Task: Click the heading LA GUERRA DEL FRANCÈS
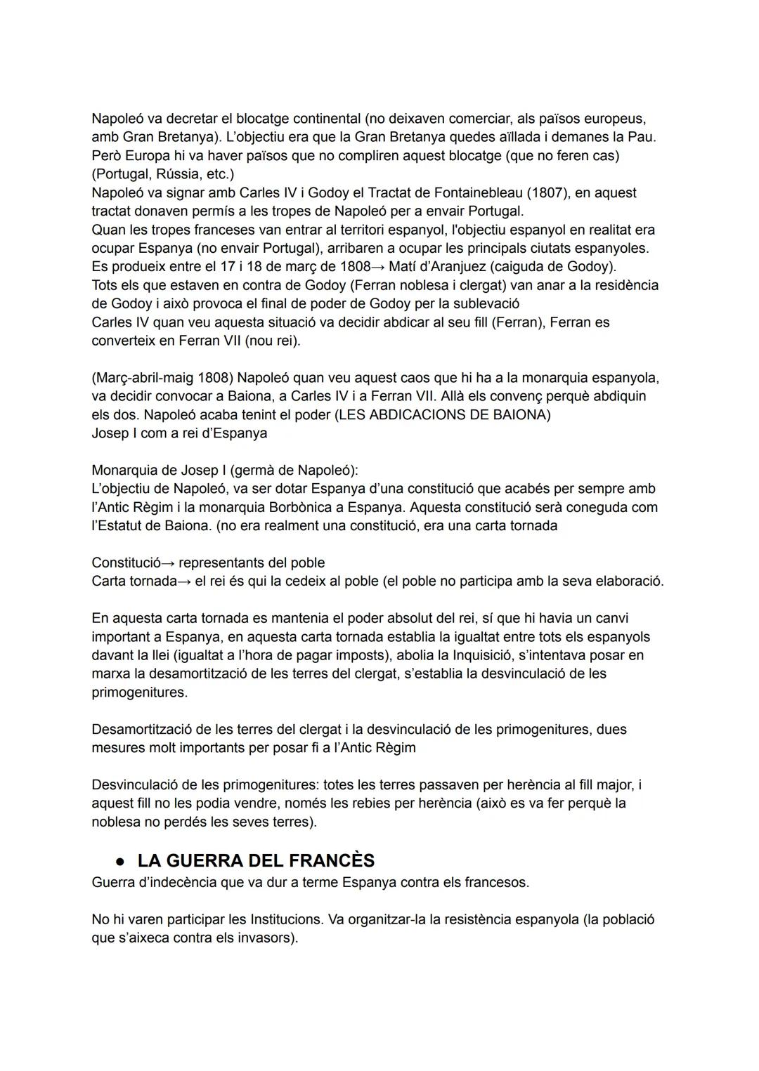point(256,860)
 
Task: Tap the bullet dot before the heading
point(120,862)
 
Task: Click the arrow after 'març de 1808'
point(379,267)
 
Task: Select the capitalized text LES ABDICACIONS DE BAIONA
point(443,414)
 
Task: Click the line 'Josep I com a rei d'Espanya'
point(179,433)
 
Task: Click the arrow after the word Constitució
point(169,563)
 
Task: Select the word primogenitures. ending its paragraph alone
point(139,692)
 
